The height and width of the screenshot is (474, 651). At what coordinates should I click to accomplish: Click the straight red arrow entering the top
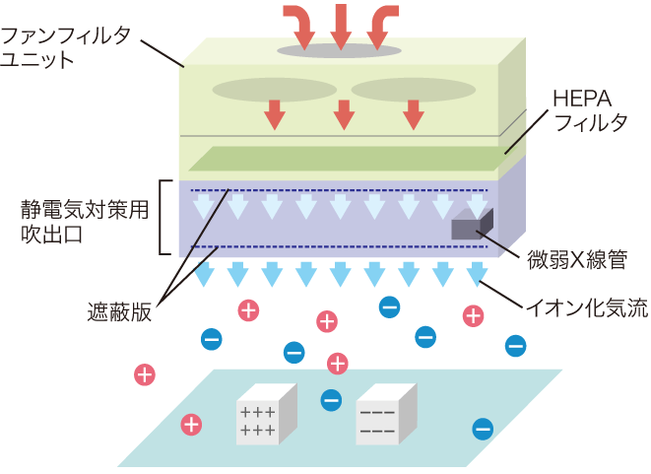click(340, 24)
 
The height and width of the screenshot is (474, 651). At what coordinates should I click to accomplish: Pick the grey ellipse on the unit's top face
click(339, 49)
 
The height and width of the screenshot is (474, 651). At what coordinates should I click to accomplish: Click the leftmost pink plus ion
click(145, 374)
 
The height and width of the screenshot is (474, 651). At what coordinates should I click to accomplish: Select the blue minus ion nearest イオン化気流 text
click(515, 346)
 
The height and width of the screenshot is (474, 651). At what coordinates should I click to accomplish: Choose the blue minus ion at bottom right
click(483, 429)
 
